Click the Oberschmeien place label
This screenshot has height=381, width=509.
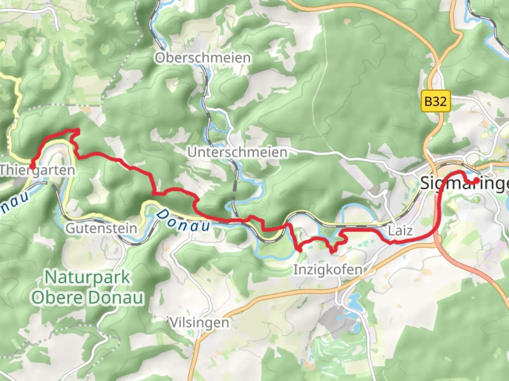(x=203, y=58)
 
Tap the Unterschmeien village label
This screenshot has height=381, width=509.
(x=238, y=152)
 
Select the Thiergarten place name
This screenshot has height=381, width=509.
(x=37, y=170)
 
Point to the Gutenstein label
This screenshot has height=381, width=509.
(x=101, y=228)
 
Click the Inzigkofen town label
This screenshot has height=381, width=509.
(x=328, y=270)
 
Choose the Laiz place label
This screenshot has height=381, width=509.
(x=400, y=231)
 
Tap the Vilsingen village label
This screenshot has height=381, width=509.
(x=199, y=322)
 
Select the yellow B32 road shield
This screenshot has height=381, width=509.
(x=435, y=102)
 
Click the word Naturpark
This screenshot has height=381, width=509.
(x=87, y=277)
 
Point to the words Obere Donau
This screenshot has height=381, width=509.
(x=87, y=298)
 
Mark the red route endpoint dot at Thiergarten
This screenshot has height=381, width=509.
(x=32, y=166)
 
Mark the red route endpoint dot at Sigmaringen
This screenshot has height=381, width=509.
(x=476, y=181)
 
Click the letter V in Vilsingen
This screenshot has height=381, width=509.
(x=174, y=322)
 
